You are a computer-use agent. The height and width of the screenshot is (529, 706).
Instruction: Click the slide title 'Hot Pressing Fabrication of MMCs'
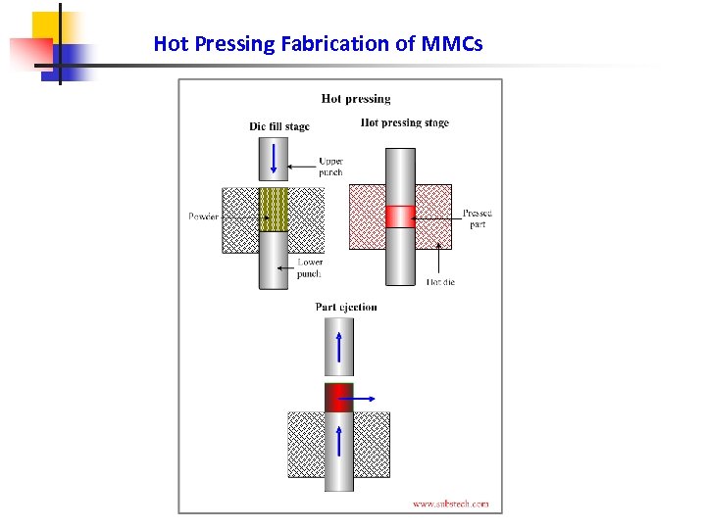318,44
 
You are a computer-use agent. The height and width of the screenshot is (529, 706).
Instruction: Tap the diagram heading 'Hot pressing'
355,98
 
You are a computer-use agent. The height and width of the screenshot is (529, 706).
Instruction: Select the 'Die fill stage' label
278,126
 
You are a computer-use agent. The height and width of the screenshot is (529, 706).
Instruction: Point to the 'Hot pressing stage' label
405,123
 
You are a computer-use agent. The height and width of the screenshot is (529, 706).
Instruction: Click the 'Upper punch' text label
330,167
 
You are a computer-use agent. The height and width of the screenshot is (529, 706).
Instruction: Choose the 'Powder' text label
203,216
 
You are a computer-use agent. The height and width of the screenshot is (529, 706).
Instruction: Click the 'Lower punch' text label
309,267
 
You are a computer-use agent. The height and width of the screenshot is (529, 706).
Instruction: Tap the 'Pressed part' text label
478,218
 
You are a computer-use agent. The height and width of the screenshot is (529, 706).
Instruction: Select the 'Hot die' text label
440,282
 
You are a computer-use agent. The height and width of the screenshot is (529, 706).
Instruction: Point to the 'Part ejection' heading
346,307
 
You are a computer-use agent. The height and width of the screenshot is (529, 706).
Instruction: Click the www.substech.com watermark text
450,504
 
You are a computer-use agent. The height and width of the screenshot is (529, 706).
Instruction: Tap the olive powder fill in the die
274,209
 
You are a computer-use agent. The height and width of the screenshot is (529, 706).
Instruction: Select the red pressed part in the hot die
400,216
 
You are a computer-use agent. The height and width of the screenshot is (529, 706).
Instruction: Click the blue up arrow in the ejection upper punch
339,347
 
